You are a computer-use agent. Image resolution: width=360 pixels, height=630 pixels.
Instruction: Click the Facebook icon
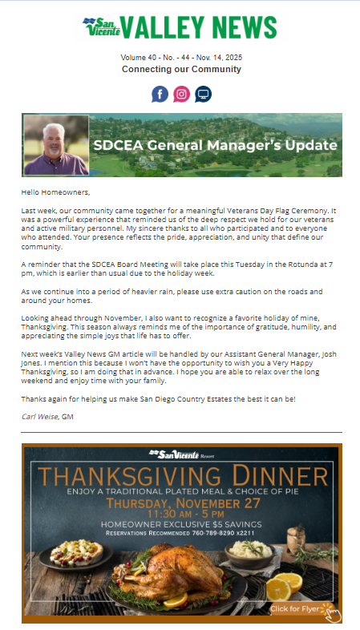(160, 94)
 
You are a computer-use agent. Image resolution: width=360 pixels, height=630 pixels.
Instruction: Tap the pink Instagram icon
(182, 94)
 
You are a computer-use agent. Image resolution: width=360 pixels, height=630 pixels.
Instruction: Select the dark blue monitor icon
(204, 94)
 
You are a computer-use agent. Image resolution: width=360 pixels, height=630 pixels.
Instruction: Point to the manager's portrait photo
(56, 145)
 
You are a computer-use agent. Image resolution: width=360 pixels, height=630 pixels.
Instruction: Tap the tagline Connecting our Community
(181, 70)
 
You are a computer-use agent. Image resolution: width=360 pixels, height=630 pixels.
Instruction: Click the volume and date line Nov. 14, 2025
(181, 59)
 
